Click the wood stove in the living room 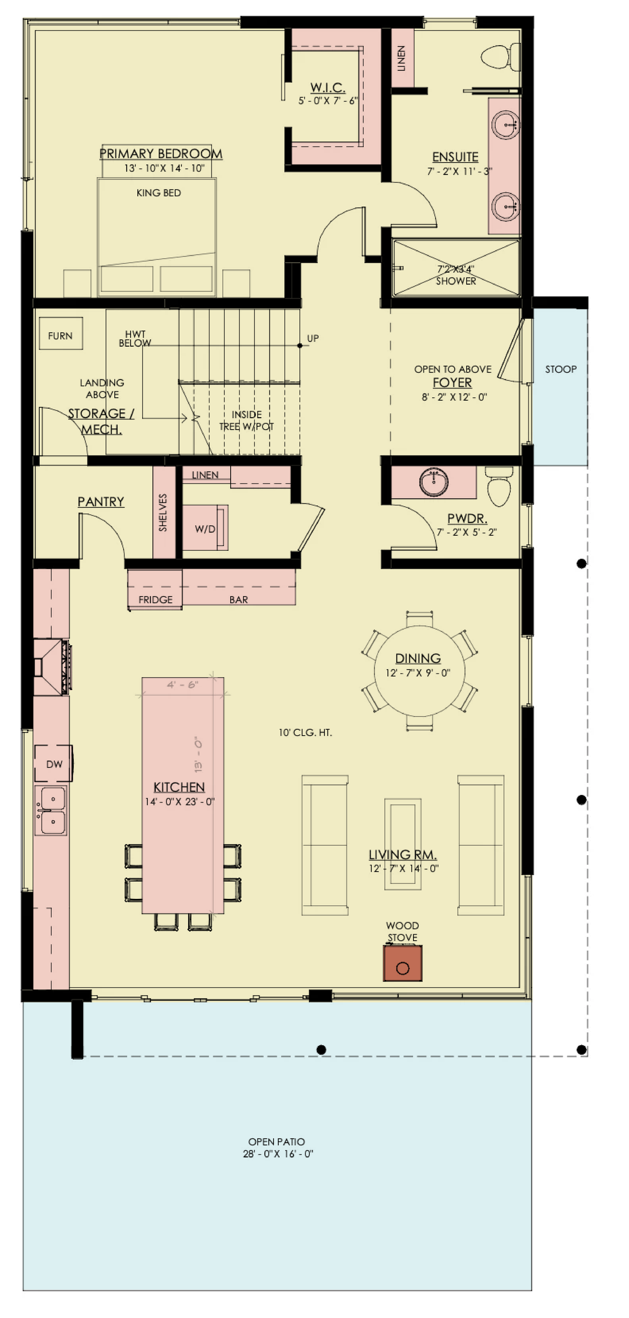coord(403,963)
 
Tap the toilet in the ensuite coord(501,57)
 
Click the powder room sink coord(433,483)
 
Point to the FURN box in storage coord(61,334)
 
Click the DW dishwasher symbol coord(53,764)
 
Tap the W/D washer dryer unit coord(205,528)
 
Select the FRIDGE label coord(155,600)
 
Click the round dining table coord(419,671)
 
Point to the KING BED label coord(158,193)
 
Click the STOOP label coord(560,369)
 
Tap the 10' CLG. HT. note coord(305,732)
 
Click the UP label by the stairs coord(312,338)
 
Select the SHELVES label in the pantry coord(163,512)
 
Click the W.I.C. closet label coord(328,88)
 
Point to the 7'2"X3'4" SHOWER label coord(456,275)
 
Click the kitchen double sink coord(51,810)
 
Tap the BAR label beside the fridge coord(238,600)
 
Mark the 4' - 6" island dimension coord(182,685)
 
